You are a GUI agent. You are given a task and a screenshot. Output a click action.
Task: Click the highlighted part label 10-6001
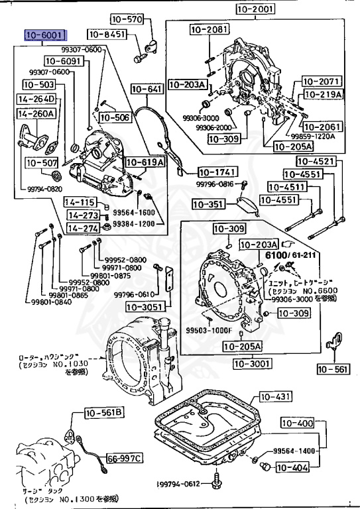coord(44,34)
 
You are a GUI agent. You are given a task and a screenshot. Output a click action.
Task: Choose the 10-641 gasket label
coord(146,88)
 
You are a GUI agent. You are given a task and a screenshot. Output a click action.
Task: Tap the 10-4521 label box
coord(314,161)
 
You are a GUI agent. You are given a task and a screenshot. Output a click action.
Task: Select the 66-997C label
coord(125,458)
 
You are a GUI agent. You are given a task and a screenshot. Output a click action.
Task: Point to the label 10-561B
coord(104,414)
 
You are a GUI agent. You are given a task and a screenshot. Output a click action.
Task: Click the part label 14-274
coord(82,227)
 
